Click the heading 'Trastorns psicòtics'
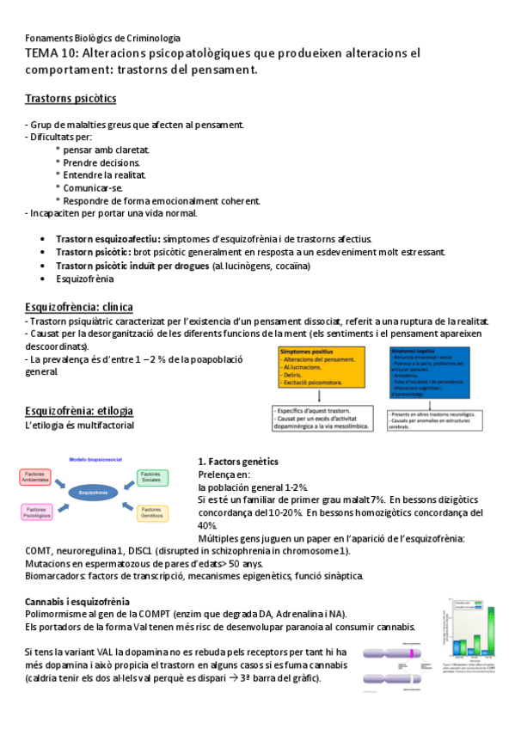71,99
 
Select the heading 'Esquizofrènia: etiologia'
79,410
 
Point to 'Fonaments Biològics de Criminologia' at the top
102,39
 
